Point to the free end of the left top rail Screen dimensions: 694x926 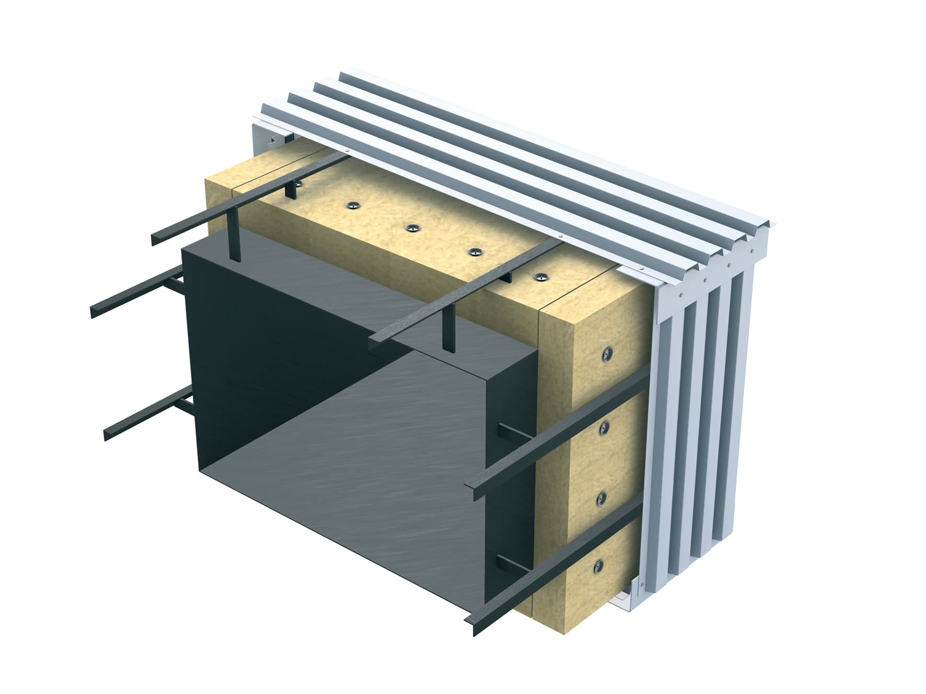click(155, 240)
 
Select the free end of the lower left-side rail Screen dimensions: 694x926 click(107, 435)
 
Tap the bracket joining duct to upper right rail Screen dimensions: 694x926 click(510, 432)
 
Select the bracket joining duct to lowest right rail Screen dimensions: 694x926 click(508, 565)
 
